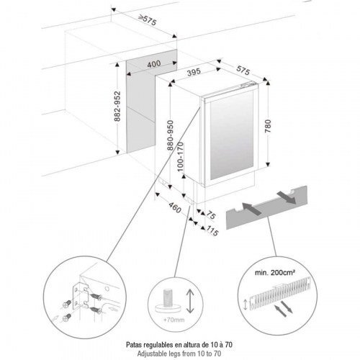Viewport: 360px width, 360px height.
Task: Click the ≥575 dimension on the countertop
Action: (148, 20)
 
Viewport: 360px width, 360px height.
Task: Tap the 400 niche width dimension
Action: (154, 64)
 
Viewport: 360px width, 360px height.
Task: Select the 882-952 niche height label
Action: (117, 106)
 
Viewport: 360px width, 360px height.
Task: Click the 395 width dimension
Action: (194, 72)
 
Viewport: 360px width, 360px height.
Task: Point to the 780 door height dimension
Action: (268, 126)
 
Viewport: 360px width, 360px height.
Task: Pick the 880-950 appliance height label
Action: (170, 135)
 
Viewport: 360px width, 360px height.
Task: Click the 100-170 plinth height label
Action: (181, 157)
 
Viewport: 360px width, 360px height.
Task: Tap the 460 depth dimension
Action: (175, 207)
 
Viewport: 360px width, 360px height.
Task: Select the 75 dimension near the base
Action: (211, 215)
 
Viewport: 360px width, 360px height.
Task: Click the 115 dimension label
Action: (212, 231)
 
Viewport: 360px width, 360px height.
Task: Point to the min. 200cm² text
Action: (275, 273)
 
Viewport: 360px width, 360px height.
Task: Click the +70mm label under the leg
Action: (174, 320)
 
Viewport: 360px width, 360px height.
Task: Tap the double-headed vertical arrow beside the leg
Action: (190, 301)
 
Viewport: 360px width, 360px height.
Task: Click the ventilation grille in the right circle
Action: (280, 292)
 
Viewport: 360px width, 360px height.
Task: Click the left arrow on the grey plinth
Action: (251, 209)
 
